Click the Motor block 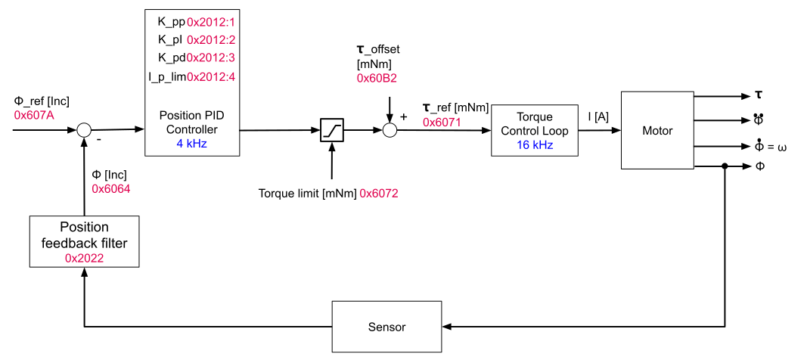(x=657, y=130)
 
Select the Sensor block (x=386, y=327)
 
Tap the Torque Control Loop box (x=535, y=130)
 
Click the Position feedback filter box (x=84, y=241)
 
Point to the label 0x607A (x=34, y=115)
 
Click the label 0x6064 (x=111, y=188)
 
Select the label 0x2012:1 (x=211, y=22)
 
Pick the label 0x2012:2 (x=211, y=40)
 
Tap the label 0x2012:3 (x=211, y=58)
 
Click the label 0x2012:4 (x=211, y=76)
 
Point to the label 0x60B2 (x=377, y=78)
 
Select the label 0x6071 (x=442, y=122)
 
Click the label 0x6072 (x=379, y=193)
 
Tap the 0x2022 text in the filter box (x=84, y=258)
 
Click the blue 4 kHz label (x=191, y=143)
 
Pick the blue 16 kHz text (x=535, y=145)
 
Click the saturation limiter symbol (x=332, y=130)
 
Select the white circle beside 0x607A (x=84, y=130)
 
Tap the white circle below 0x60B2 (x=390, y=130)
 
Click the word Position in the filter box (x=84, y=227)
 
